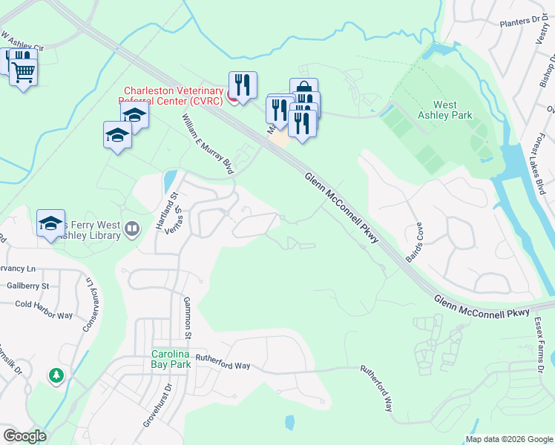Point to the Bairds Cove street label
pos(414,243)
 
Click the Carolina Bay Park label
pos(171,358)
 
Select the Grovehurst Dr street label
pos(157,403)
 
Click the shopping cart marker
pos(24,73)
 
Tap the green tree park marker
pos(56,376)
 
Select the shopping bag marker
pos(303,90)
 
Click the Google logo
pos(24,436)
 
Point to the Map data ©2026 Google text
pos(508,439)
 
